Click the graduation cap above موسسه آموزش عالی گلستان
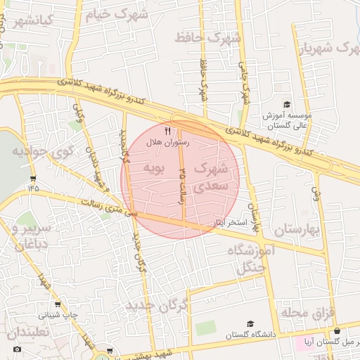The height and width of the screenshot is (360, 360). [286, 104]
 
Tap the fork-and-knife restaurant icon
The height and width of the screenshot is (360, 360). [167, 131]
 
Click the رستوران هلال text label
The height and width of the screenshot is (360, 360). [164, 142]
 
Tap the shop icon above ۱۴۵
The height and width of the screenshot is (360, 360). [33, 179]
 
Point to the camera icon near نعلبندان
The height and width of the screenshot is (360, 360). [18, 349]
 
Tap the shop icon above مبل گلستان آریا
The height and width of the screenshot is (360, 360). [337, 331]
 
